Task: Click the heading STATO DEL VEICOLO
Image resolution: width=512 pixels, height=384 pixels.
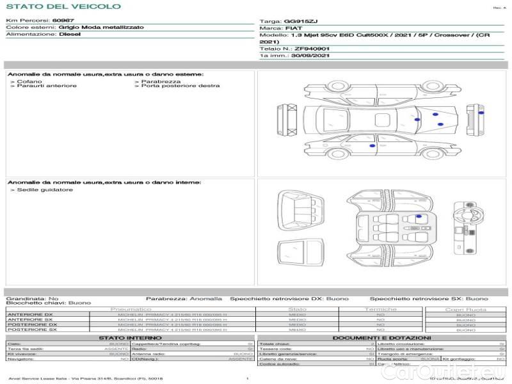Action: coord(63,7)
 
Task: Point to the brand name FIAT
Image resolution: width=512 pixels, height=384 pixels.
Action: coord(294,29)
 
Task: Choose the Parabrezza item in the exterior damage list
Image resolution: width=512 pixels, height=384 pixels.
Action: coord(161,81)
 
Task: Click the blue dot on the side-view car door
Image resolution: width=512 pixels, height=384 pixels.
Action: coord(373,147)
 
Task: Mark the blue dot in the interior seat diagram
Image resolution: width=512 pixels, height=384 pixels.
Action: coord(419,216)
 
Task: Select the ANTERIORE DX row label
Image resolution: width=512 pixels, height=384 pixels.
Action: coord(30,315)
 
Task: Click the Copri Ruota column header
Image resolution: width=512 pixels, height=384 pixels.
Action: coord(466,309)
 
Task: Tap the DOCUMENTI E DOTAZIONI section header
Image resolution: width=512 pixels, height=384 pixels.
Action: coord(381,337)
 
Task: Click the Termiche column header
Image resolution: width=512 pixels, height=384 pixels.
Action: coord(381,309)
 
